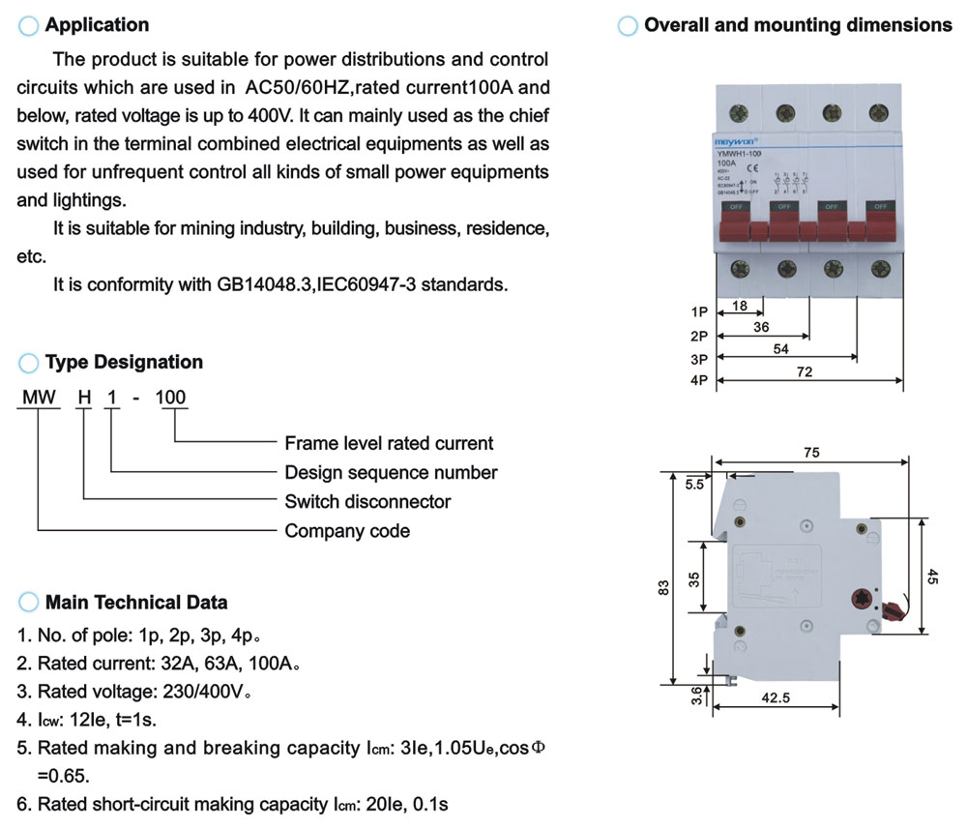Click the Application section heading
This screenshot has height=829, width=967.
click(x=97, y=25)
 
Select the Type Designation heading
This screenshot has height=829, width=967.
click(x=124, y=363)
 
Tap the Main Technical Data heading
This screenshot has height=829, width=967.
click(x=136, y=603)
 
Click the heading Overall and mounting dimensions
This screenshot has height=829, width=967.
click(x=798, y=25)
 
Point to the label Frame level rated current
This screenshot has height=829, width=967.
click(x=389, y=444)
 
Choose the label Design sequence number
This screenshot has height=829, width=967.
click(x=391, y=473)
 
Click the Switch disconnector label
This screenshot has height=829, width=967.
click(x=367, y=502)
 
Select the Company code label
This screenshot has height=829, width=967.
click(x=347, y=531)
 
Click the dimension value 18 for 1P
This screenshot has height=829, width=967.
click(x=740, y=306)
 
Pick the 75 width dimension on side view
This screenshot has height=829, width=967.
click(x=812, y=453)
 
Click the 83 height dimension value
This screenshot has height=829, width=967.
click(x=663, y=587)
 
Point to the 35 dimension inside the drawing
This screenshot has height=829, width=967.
click(x=693, y=577)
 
